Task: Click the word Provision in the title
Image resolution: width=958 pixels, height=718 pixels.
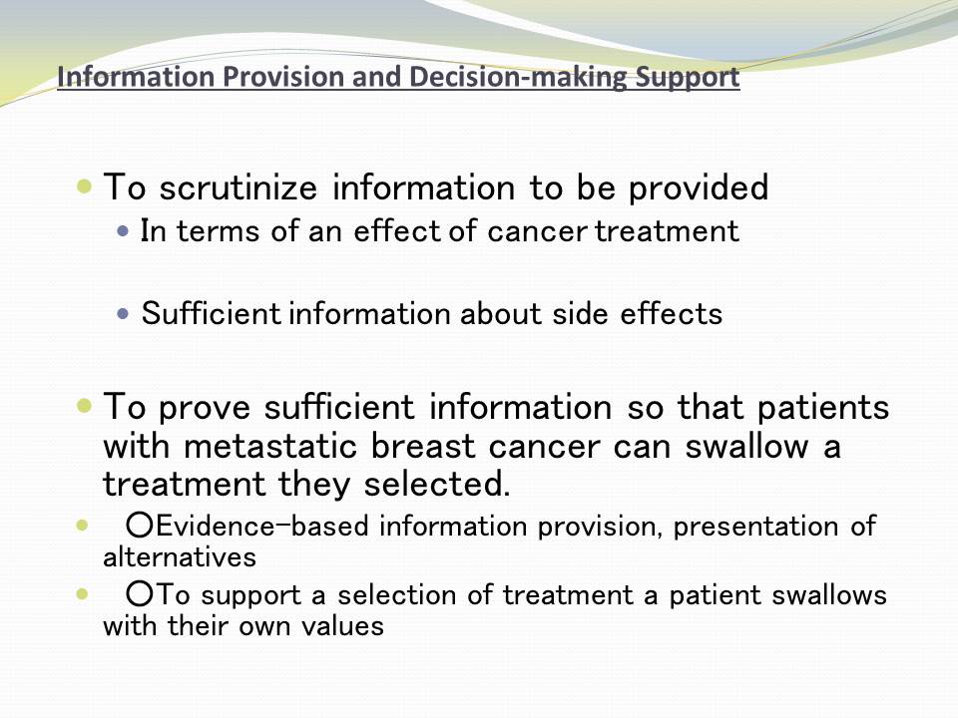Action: point(279,77)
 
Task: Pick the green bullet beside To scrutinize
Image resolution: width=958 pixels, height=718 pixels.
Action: point(84,184)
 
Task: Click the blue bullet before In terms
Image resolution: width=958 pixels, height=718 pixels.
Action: point(123,231)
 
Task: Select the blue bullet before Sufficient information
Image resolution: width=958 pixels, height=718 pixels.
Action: point(123,314)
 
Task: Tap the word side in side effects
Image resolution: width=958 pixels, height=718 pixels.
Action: point(579,314)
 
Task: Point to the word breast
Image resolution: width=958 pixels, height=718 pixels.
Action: point(423,446)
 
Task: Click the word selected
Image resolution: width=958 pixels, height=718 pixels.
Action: point(436,484)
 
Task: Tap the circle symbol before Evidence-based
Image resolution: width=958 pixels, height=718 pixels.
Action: point(140,526)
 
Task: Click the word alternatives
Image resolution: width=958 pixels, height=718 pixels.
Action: point(180,557)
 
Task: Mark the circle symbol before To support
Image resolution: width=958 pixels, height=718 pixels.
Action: point(140,594)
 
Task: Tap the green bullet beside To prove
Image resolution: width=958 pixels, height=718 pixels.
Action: point(84,405)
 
